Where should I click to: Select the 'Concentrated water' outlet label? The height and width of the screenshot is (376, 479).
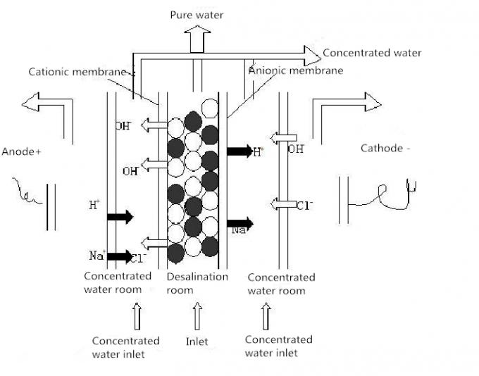pos(372,53)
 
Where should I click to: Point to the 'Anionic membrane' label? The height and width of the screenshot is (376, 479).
pos(296,70)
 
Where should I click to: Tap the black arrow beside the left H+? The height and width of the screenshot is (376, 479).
pos(120,217)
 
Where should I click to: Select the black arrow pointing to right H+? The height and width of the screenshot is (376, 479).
pos(240,151)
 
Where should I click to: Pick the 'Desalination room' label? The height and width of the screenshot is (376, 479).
pos(197,283)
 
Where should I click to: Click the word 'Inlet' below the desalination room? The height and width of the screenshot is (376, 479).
pos(197,341)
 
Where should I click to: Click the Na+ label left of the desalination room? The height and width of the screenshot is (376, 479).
pos(97,256)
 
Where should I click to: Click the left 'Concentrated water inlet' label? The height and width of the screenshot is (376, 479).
pos(125,347)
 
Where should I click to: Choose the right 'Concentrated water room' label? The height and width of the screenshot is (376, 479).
pos(281,284)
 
